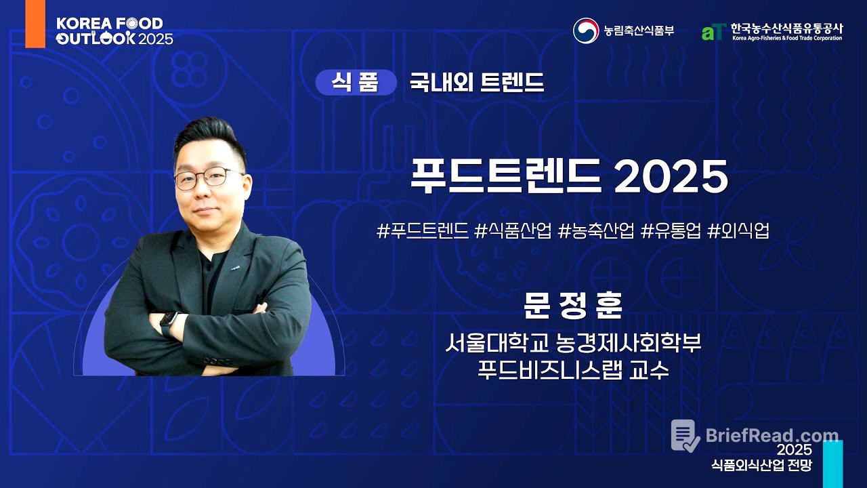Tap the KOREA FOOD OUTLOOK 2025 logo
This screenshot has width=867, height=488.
pyautogui.click(x=114, y=30)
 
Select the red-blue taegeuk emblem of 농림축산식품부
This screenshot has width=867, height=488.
pyautogui.click(x=586, y=30)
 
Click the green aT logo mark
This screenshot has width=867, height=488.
pyautogui.click(x=714, y=32)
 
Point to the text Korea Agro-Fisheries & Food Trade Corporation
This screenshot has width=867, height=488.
pyautogui.click(x=786, y=39)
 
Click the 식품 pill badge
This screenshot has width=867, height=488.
pyautogui.click(x=356, y=83)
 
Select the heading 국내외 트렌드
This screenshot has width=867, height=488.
pyautogui.click(x=476, y=83)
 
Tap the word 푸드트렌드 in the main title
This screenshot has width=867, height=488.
pyautogui.click(x=505, y=178)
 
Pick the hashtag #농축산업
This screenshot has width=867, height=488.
pyautogui.click(x=596, y=231)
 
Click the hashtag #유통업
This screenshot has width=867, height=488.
pyautogui.click(x=670, y=231)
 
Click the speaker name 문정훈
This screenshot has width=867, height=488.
pyautogui.click(x=572, y=306)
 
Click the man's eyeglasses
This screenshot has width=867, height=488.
pyautogui.click(x=207, y=178)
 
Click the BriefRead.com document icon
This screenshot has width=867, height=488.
pyautogui.click(x=685, y=436)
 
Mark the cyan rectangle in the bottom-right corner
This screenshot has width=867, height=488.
pyautogui.click(x=832, y=464)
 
